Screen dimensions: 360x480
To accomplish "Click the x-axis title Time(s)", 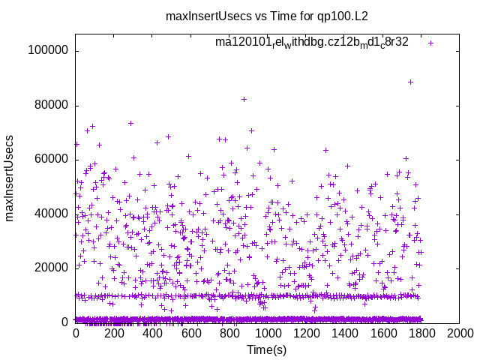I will click(x=267, y=349).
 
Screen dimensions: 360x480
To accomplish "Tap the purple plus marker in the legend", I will click(x=430, y=43).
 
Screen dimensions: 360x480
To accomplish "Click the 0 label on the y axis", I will click(x=66, y=322).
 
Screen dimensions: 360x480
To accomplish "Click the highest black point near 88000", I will click(x=410, y=82).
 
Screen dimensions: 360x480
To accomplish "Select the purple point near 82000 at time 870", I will click(x=244, y=99).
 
